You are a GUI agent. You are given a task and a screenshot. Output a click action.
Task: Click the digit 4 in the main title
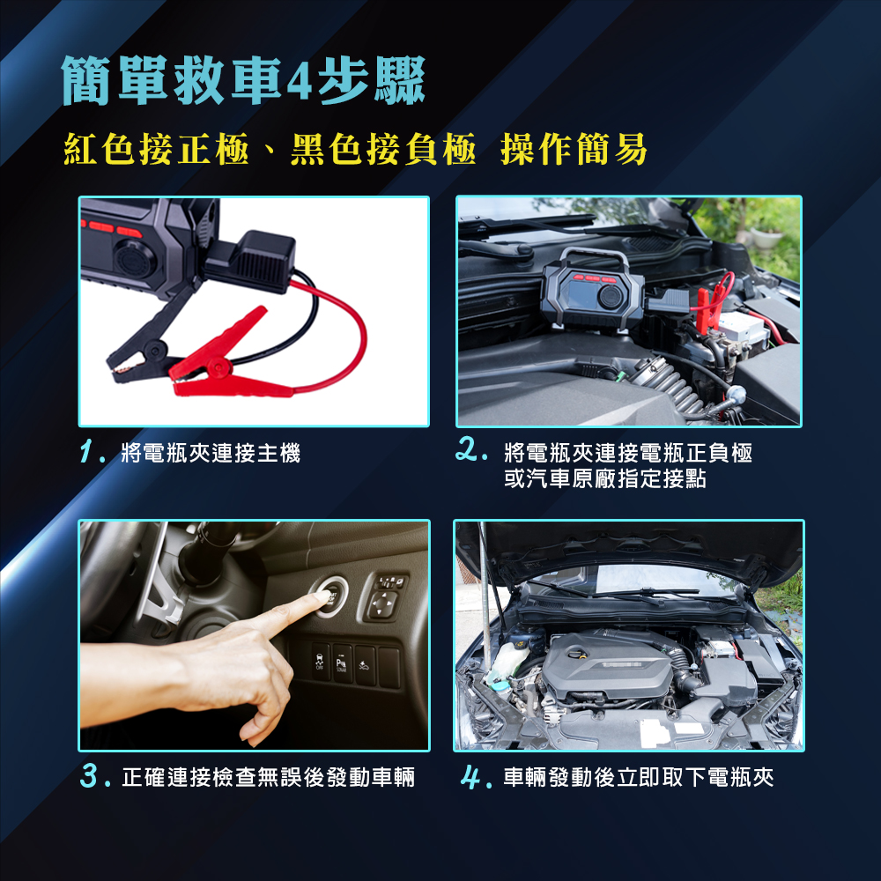click(x=299, y=82)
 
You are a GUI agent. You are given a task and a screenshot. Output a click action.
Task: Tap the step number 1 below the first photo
click(x=87, y=452)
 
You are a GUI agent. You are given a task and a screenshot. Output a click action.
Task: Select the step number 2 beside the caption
click(x=466, y=449)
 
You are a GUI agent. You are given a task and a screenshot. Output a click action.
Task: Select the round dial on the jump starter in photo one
click(x=134, y=259)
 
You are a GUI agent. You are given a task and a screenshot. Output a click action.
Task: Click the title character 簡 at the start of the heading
click(x=86, y=81)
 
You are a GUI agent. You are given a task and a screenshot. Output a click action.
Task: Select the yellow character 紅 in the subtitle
click(x=81, y=149)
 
